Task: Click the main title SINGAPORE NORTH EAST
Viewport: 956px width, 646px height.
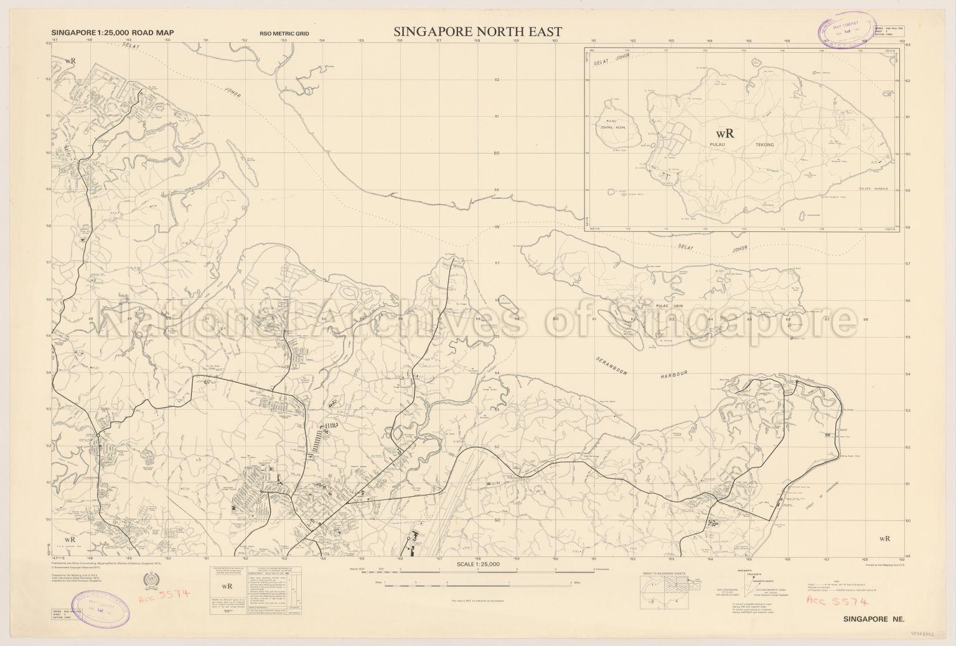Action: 477,32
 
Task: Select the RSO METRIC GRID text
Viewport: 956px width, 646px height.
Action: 284,34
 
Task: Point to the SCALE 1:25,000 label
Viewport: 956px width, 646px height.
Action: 478,564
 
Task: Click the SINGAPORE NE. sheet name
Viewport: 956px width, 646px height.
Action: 869,619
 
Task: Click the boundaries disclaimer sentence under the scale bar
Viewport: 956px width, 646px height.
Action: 478,601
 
